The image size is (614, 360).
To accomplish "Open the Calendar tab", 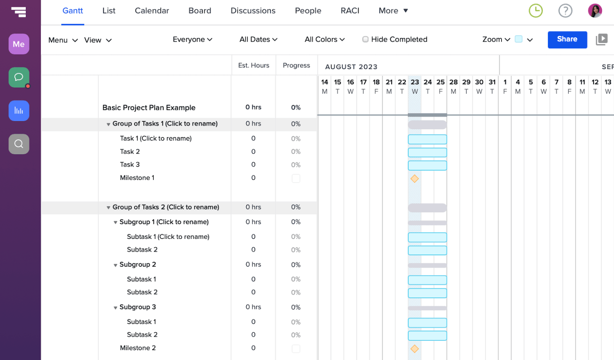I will tap(152, 11).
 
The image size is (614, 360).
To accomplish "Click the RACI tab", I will tap(350, 11).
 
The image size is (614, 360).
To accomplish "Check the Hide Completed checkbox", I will tap(365, 39).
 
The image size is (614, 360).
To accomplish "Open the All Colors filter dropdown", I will tap(325, 39).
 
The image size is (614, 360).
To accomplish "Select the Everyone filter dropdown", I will tap(192, 39).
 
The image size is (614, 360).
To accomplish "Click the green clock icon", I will tap(535, 11).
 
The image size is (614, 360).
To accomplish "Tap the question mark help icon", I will tap(565, 11).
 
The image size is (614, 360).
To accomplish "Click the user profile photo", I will tap(595, 11).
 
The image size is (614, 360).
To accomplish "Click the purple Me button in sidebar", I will tap(19, 44).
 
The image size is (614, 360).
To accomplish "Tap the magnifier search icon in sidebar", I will tap(19, 144).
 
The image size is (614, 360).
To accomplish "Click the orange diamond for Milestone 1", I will tap(415, 179).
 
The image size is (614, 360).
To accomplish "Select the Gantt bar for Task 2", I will tap(427, 152).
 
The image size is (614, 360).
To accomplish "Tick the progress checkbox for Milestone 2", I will tap(296, 349).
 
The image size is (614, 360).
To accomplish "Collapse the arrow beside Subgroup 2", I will tap(115, 265).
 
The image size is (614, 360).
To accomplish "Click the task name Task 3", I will tap(130, 164).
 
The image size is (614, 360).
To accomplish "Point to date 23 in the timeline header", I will tap(415, 82).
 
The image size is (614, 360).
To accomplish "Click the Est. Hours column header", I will tap(254, 65).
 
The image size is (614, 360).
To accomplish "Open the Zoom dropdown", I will tap(496, 39).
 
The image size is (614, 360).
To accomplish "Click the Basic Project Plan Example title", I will tap(149, 107).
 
